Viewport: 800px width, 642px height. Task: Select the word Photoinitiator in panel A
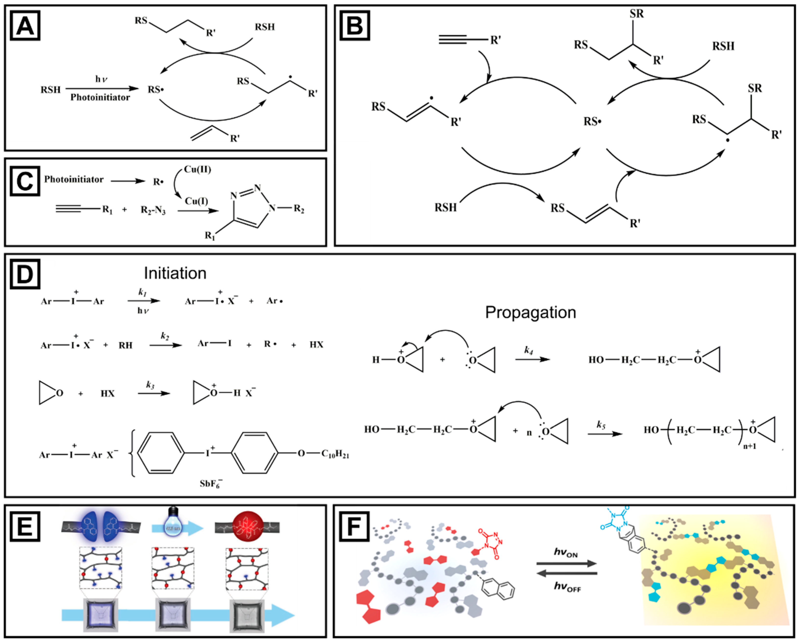100,98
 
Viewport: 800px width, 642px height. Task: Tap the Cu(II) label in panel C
197,170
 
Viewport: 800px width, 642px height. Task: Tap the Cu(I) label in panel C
196,201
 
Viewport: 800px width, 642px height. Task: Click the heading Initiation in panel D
175,274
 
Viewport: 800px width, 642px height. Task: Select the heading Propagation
530,313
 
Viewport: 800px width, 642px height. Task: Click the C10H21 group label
335,454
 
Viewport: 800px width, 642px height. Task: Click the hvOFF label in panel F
567,586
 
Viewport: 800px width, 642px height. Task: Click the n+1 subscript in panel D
749,446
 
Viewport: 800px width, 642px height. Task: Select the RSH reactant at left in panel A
51,90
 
